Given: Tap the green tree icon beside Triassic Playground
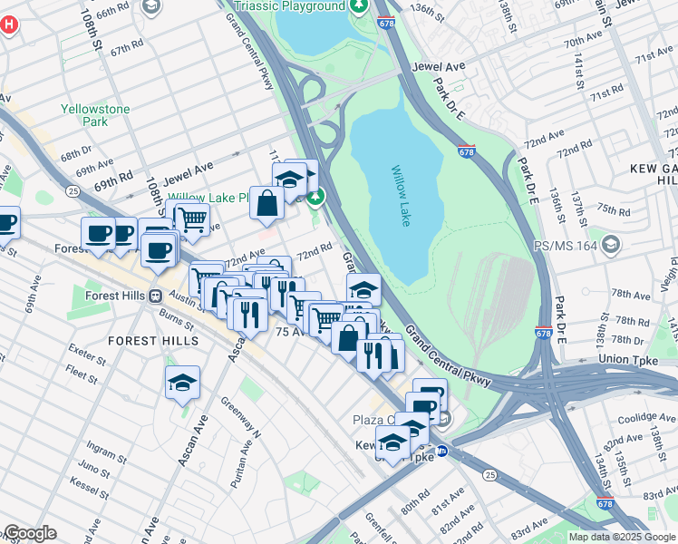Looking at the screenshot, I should click(360, 6).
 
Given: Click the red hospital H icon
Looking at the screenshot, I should click(9, 24).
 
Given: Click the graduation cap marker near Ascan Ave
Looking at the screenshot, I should click(182, 383).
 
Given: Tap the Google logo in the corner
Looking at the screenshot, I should click(29, 533).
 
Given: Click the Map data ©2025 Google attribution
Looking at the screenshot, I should click(622, 537).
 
